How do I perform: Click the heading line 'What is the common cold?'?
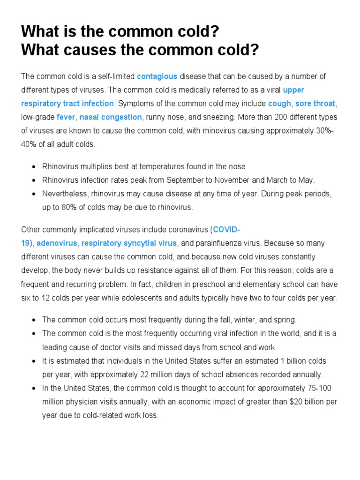120,32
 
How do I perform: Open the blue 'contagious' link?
157,76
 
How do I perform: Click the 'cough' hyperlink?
279,104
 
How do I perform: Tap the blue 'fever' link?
66,117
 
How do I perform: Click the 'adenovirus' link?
57,243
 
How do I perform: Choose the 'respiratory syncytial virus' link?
129,243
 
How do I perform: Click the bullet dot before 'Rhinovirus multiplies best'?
34,167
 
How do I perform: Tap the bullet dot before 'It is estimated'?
34,361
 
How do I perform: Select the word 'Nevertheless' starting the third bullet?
63,194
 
